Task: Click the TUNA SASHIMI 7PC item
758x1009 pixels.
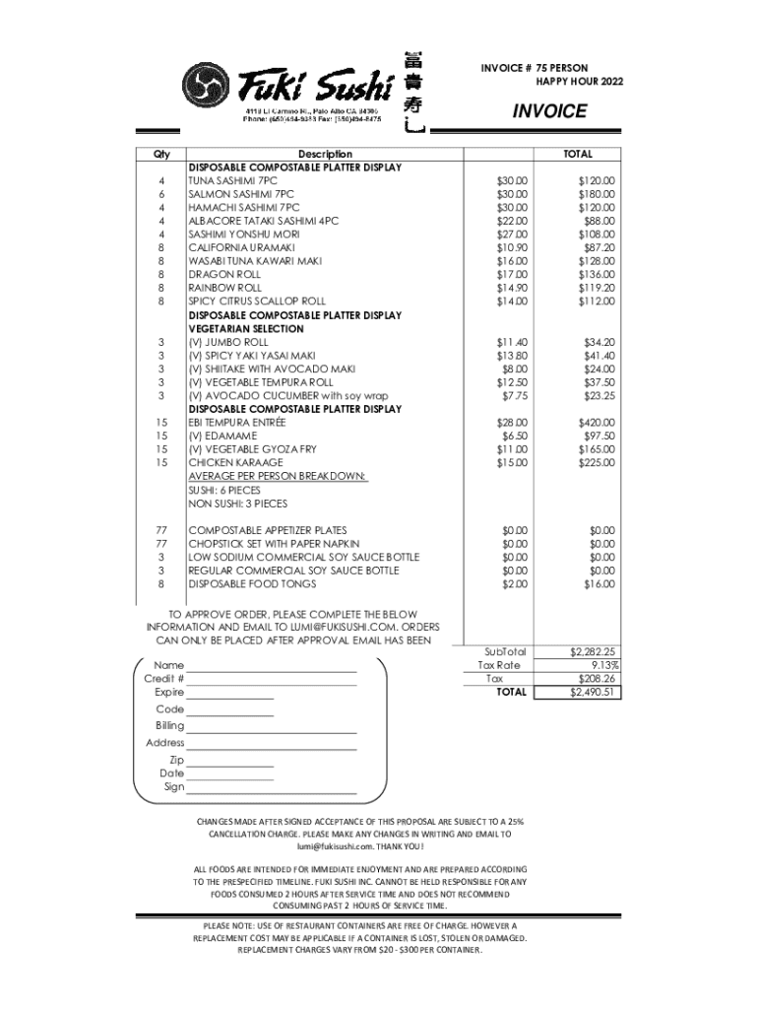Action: (232, 181)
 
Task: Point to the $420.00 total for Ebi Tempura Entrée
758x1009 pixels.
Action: (596, 422)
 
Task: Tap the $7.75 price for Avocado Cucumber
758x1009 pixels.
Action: (514, 395)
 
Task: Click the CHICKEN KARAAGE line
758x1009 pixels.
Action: (235, 462)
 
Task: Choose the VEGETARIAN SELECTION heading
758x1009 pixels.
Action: (246, 329)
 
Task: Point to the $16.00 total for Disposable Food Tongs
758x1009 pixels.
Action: (598, 584)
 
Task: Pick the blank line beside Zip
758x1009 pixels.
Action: (230, 762)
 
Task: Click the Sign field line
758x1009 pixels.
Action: (272, 788)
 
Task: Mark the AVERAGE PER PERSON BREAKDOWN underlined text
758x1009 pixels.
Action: (278, 476)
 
